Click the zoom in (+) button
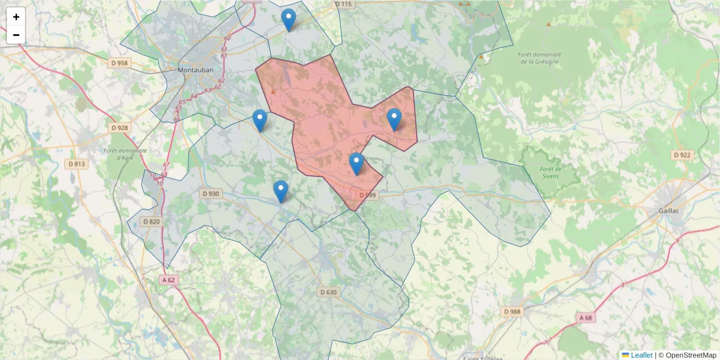coord(16,17)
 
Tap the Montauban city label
coord(196,70)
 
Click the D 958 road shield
coord(119,63)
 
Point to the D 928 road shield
coord(120,128)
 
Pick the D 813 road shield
coord(77,164)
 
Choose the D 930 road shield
coord(211,194)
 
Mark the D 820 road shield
coord(151,221)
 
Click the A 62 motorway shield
coord(169,280)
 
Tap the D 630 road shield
coord(329,292)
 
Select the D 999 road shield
coord(367,195)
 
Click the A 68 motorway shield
coord(586,317)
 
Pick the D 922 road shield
coord(682,155)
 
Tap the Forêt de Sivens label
coord(549,172)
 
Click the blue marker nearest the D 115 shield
coord(289,20)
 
